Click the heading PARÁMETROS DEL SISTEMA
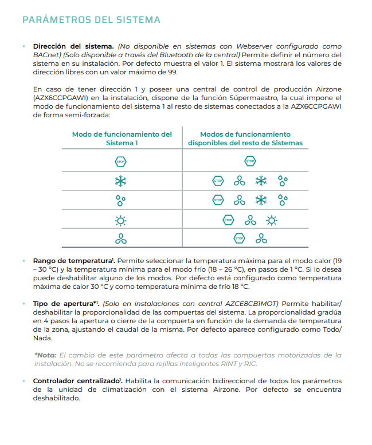click(x=91, y=20)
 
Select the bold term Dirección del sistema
click(x=74, y=46)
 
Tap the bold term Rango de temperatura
click(x=72, y=260)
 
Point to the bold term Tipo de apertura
click(x=64, y=303)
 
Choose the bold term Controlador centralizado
click(x=76, y=380)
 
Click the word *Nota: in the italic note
click(x=46, y=355)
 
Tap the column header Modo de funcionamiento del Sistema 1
click(x=122, y=138)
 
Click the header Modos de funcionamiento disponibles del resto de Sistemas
click(x=245, y=138)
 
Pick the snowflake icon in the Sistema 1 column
click(x=120, y=181)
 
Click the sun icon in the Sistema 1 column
click(x=120, y=220)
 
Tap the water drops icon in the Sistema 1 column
click(x=120, y=200)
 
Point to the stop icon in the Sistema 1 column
click(x=120, y=162)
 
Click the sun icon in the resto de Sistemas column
click(x=272, y=220)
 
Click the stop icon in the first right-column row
click(x=250, y=162)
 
